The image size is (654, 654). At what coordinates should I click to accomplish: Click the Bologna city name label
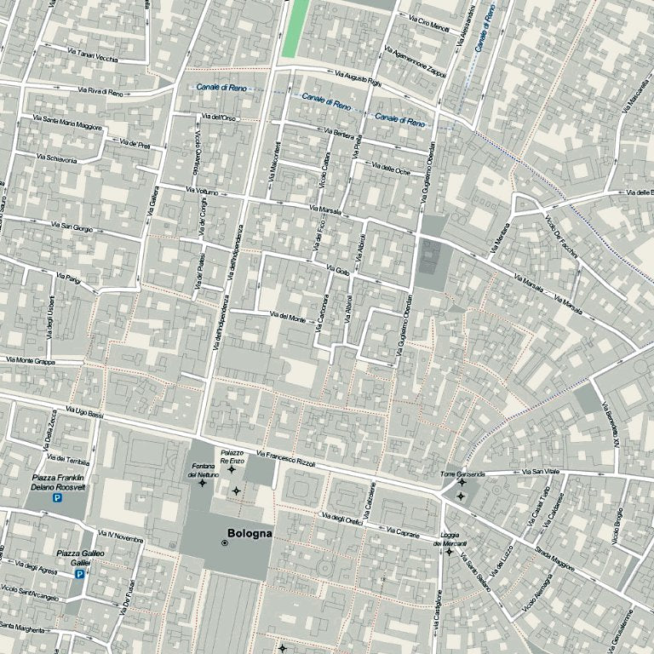click(250, 534)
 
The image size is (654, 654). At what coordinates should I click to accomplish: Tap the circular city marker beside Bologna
click(224, 542)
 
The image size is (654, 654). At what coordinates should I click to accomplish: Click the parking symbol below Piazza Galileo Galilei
click(79, 574)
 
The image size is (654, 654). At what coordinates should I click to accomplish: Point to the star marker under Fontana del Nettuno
click(202, 483)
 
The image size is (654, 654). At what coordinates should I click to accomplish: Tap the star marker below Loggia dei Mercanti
click(449, 552)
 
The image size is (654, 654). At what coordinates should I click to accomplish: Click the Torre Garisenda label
click(462, 473)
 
